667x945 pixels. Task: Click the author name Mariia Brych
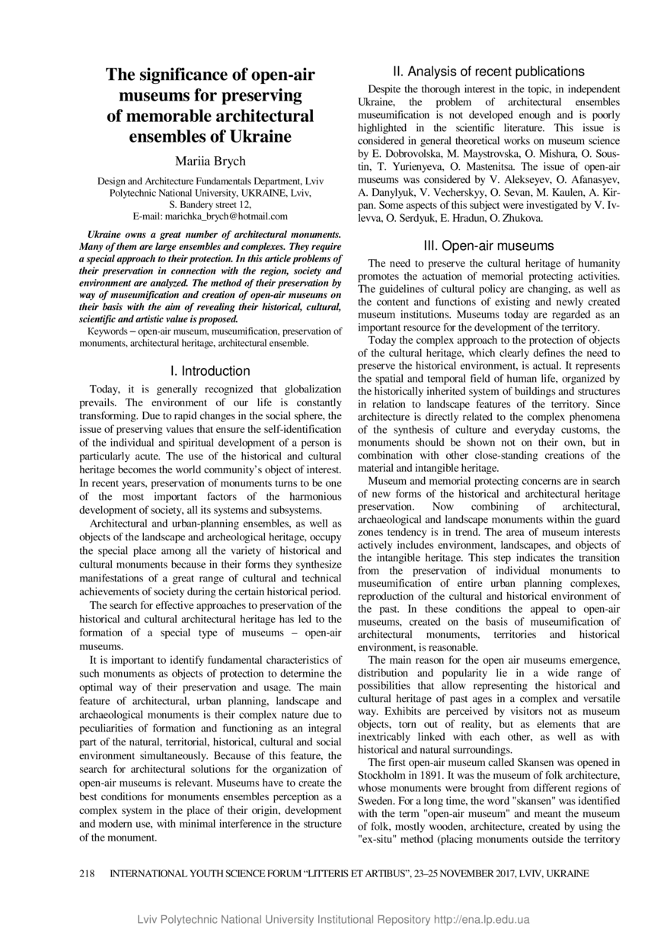click(210, 161)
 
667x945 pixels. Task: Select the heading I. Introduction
click(210, 371)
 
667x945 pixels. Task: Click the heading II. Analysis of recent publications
click(489, 72)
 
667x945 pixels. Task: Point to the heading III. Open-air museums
click(489, 246)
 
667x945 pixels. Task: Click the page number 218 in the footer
click(88, 874)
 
